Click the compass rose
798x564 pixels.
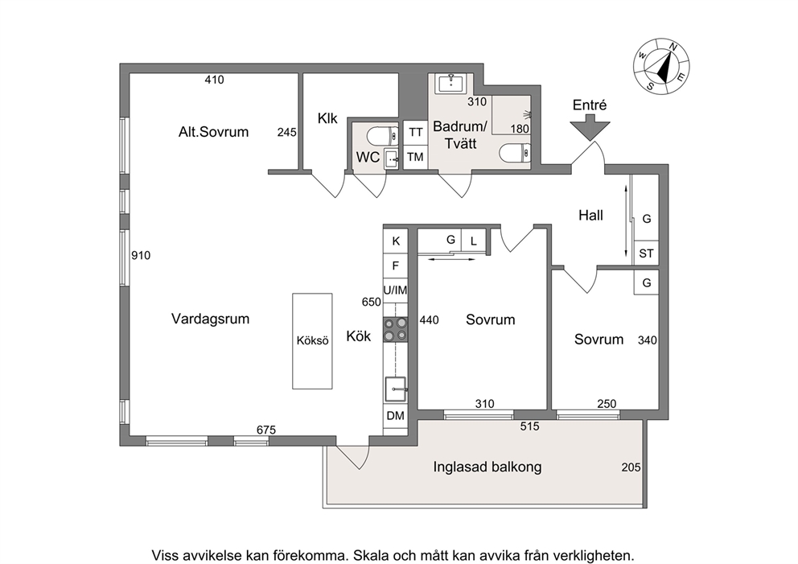661,67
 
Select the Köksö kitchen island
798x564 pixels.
312,341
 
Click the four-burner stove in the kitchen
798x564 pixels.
396,329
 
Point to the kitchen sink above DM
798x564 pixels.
396,389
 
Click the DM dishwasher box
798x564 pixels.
396,416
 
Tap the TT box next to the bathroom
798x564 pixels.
415,132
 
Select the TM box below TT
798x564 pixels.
415,157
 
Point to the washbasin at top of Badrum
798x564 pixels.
451,83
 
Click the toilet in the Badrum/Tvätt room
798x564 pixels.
516,153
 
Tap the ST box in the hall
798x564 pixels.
646,253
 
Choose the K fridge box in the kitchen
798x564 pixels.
396,241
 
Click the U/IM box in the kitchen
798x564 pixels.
396,290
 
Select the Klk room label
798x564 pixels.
327,118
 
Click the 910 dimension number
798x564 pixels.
141,255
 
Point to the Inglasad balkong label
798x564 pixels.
487,467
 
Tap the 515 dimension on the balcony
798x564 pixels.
529,426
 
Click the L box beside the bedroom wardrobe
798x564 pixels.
473,241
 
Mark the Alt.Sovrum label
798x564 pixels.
213,132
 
